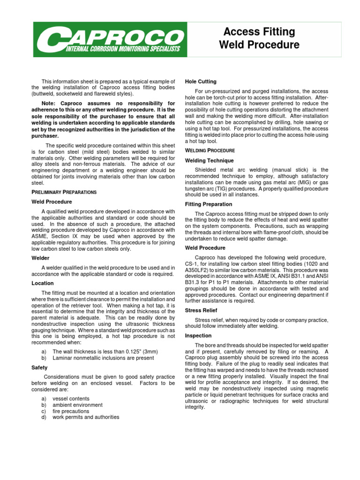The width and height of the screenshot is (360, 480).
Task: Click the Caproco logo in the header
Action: [109, 38]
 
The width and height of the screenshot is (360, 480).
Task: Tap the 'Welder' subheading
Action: [40, 258]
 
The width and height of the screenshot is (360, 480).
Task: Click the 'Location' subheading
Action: [42, 283]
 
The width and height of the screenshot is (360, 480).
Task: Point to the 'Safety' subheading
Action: [39, 368]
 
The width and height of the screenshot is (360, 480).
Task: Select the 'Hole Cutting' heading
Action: [201, 82]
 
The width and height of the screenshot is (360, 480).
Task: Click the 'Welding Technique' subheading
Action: [209, 160]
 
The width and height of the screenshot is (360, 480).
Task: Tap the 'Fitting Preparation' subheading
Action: [209, 204]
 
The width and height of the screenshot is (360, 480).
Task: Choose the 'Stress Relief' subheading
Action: [201, 310]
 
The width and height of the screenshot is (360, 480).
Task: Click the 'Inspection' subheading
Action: [199, 336]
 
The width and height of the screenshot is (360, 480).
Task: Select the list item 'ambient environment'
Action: [77, 405]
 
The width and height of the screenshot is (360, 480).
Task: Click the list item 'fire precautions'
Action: [71, 411]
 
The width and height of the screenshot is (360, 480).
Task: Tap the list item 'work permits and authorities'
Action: [86, 417]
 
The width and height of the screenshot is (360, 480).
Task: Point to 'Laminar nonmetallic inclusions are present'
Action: [103, 358]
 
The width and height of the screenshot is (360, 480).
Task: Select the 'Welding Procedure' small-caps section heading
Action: [210, 150]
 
